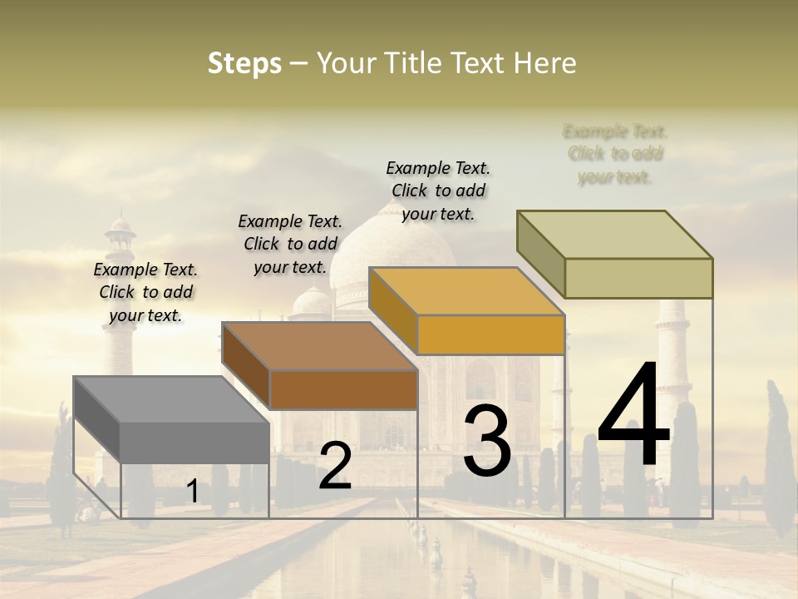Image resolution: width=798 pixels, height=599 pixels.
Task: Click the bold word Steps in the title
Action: [244, 63]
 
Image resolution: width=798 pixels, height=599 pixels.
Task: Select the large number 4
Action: [633, 416]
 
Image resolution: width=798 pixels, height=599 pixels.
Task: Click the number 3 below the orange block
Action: [487, 441]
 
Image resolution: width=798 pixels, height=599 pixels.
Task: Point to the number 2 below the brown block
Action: [335, 466]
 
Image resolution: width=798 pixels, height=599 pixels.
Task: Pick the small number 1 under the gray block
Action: [192, 492]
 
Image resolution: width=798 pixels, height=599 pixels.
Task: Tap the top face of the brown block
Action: [319, 345]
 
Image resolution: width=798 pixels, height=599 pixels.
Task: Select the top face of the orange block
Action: [466, 291]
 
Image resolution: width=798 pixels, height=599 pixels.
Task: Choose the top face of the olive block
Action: [615, 234]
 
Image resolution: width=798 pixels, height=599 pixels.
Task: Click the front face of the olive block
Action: [638, 278]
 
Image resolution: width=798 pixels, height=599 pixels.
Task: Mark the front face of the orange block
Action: [490, 334]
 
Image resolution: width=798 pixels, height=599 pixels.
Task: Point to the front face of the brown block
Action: [343, 389]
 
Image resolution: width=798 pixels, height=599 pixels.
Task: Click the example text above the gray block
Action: [145, 292]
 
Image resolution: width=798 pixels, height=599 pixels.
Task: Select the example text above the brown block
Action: [290, 244]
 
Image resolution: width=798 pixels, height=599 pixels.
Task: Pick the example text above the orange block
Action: [438, 191]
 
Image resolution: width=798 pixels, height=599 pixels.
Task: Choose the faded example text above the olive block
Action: [615, 154]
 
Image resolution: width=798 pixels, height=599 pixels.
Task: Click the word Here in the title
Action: [545, 63]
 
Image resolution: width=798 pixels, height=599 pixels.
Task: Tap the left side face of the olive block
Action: [540, 254]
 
